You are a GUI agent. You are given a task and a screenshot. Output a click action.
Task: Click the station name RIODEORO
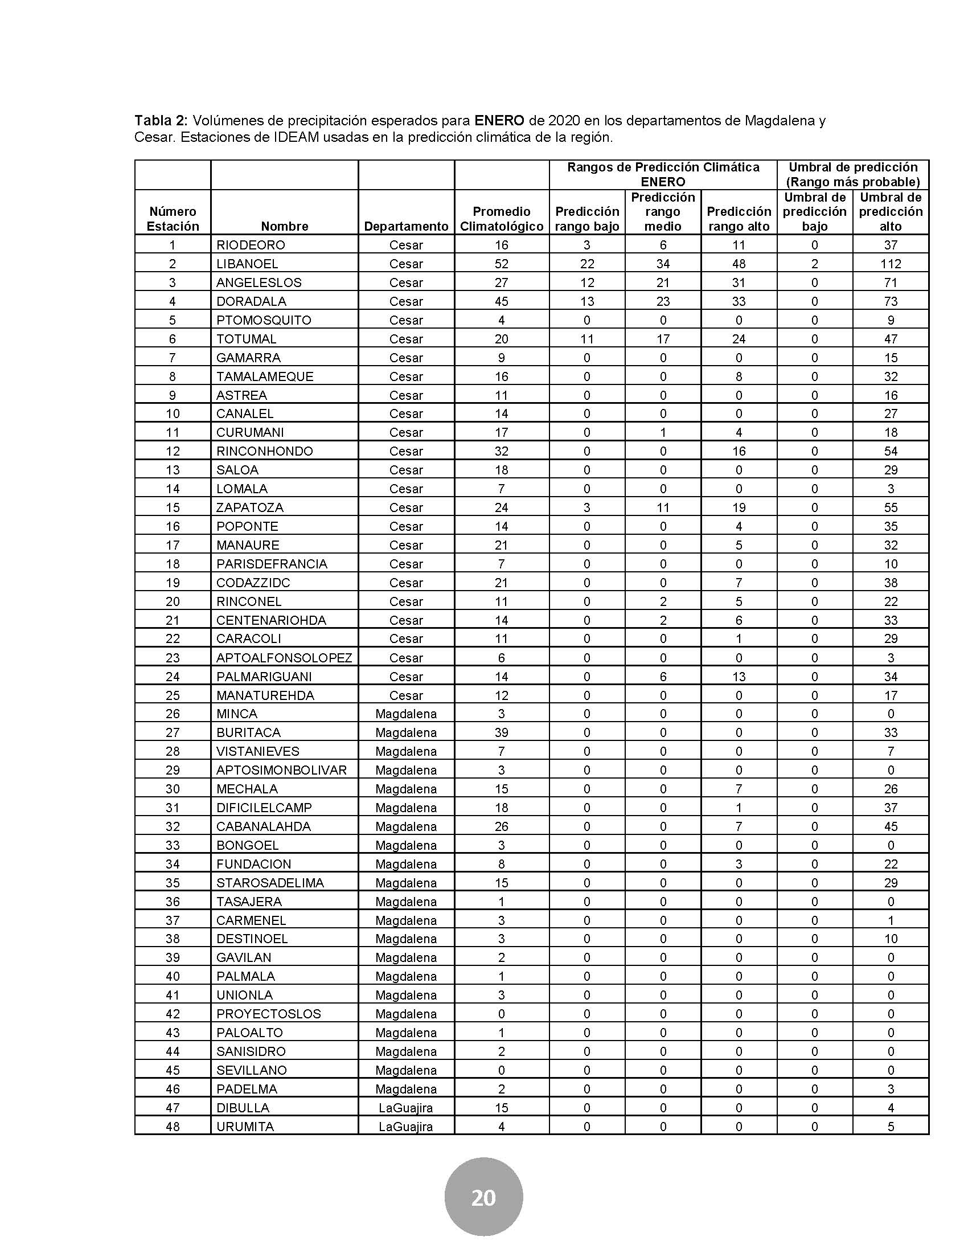tap(250, 245)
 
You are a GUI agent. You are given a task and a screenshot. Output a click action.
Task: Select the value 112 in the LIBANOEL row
tap(890, 264)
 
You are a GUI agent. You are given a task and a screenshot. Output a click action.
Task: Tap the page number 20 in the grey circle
tap(483, 1198)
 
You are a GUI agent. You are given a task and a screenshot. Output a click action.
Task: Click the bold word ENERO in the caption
tap(499, 121)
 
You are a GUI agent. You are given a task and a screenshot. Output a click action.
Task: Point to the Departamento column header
tap(406, 226)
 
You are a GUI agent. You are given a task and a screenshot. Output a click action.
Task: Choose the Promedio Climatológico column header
tap(501, 219)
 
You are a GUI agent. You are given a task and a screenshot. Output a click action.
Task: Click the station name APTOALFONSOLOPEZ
tap(284, 657)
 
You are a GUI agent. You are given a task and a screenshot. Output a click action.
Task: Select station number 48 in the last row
tap(173, 1126)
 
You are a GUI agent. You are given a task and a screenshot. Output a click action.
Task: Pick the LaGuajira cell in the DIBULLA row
tap(405, 1107)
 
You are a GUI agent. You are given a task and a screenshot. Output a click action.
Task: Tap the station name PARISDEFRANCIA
tap(271, 564)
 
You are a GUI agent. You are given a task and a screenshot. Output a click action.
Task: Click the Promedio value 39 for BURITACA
tap(501, 732)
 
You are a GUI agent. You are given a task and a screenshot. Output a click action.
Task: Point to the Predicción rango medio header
tap(662, 212)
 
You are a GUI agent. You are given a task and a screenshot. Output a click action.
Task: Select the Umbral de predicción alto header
tap(890, 212)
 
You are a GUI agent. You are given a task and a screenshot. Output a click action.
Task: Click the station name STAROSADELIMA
tap(269, 882)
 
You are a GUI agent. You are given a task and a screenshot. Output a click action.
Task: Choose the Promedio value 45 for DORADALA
tap(501, 301)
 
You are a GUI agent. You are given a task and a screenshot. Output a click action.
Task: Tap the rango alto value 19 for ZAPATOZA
tap(739, 507)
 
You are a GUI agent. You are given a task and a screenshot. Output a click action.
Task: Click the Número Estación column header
tap(173, 219)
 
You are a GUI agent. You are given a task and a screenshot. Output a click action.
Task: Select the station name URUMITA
tap(245, 1126)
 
